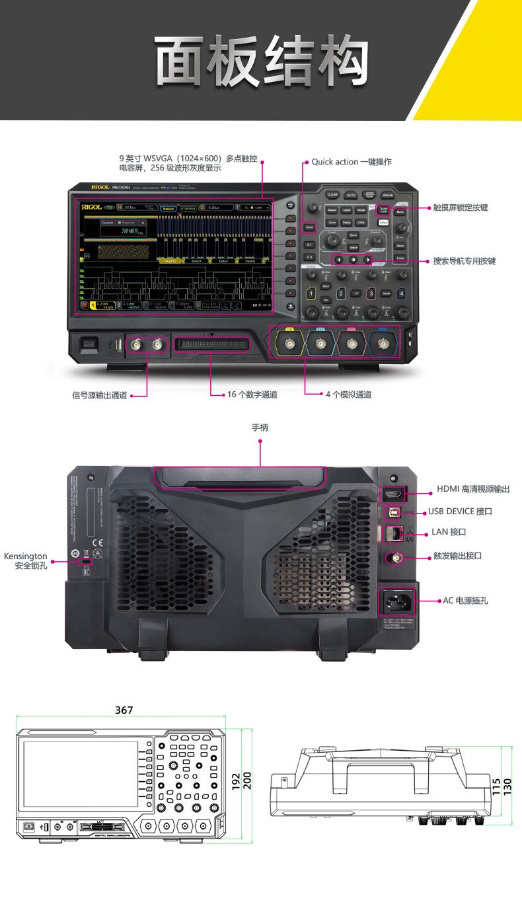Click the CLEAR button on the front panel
[x=332, y=195]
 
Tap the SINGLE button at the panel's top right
[x=388, y=196]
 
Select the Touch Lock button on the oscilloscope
[x=383, y=210]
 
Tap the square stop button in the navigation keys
[x=353, y=260]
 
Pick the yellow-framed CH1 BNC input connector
[x=289, y=344]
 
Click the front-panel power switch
[x=89, y=344]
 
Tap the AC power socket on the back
[x=395, y=601]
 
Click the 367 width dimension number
[x=124, y=710]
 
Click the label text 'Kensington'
[x=26, y=556]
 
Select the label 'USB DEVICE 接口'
[x=460, y=512]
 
